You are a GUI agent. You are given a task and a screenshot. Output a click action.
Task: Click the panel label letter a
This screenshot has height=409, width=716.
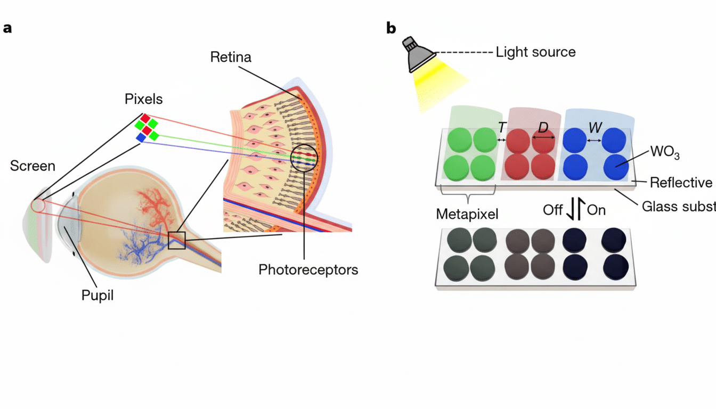click(7, 29)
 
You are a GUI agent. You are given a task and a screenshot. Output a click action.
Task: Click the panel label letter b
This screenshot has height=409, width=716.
click(391, 29)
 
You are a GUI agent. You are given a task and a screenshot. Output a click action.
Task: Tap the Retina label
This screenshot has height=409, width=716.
click(230, 57)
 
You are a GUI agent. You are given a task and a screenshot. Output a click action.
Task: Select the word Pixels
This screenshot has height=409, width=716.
click(144, 100)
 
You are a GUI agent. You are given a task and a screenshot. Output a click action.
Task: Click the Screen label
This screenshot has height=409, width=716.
click(32, 166)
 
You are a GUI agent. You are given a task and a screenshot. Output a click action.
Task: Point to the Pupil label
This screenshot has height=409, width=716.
click(97, 295)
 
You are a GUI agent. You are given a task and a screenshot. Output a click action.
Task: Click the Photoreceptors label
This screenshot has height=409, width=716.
click(308, 269)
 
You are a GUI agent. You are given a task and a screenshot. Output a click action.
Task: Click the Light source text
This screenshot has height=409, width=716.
click(535, 52)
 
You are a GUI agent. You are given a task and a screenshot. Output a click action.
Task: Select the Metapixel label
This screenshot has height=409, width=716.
click(467, 214)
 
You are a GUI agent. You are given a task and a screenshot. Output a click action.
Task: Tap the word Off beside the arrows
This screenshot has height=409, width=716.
click(552, 210)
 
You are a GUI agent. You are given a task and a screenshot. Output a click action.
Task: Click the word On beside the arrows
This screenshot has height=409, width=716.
click(596, 210)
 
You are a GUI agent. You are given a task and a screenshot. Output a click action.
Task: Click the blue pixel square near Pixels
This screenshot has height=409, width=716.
click(141, 138)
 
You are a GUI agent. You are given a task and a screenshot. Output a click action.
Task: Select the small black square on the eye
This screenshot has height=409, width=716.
click(176, 241)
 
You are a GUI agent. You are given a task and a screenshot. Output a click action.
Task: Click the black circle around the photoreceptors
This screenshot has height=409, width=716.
click(304, 158)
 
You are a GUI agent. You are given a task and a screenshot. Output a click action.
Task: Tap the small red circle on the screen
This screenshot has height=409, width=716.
click(37, 205)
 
